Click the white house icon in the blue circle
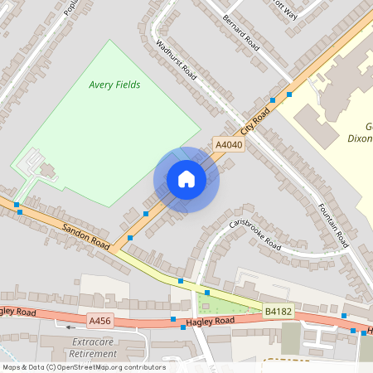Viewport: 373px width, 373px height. pyautogui.click(x=186, y=179)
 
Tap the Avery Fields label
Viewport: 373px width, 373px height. pyautogui.click(x=114, y=85)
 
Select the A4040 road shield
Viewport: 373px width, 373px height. pyautogui.click(x=228, y=145)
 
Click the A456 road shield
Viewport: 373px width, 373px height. pyautogui.click(x=100, y=319)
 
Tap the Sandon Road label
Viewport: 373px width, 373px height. pyautogui.click(x=86, y=235)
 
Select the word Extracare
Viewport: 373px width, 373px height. pyautogui.click(x=93, y=342)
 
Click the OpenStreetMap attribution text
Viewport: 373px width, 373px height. pyautogui.click(x=83, y=367)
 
